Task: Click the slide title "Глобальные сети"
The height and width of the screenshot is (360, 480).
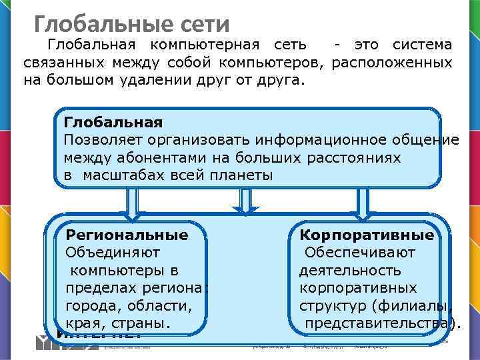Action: (132, 25)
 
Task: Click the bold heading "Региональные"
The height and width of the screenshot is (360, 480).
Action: (127, 235)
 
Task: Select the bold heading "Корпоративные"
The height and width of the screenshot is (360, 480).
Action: (367, 235)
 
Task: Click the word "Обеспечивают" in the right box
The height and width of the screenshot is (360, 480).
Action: (360, 253)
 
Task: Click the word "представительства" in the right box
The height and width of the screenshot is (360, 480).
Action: (378, 323)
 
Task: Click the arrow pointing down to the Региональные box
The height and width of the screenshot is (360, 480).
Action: (133, 203)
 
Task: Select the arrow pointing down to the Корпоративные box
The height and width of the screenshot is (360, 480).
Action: (363, 203)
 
